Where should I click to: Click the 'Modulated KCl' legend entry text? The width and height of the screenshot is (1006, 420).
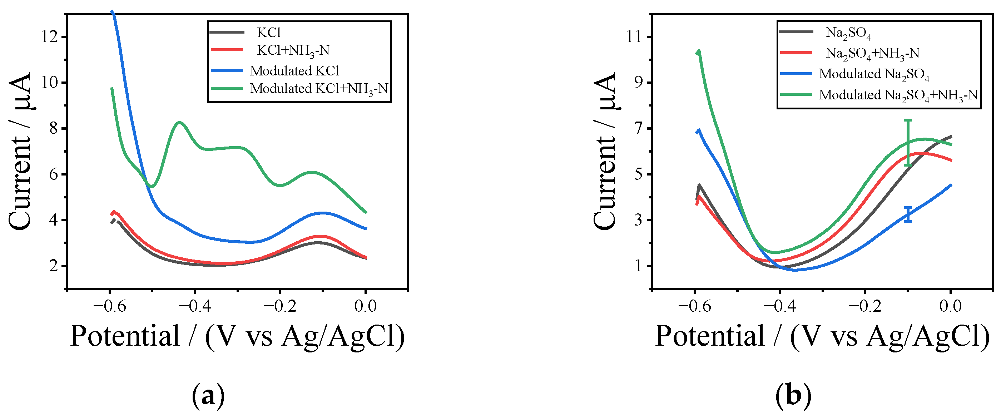pos(294,71)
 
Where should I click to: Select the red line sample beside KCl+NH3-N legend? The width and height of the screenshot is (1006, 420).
pos(227,50)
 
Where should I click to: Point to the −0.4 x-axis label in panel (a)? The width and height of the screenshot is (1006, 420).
pos(195,306)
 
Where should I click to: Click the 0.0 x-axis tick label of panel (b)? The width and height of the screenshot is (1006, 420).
pos(950,306)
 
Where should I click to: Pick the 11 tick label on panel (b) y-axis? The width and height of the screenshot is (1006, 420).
pos(633,37)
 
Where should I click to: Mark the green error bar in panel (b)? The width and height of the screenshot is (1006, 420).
pos(908,143)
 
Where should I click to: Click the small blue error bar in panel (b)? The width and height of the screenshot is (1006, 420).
pos(908,214)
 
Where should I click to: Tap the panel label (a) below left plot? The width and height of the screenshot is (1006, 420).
pos(209,396)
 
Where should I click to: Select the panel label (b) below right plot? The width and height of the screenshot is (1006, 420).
pos(793,396)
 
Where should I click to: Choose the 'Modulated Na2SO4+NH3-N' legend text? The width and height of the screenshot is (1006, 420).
pos(898,95)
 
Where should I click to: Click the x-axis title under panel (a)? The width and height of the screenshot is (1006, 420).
pos(237,336)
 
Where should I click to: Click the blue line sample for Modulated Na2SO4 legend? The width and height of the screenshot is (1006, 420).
pos(796,73)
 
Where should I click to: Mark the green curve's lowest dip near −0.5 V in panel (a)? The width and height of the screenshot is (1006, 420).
pos(152,186)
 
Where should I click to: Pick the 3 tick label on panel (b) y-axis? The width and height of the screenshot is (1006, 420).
pos(638,220)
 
